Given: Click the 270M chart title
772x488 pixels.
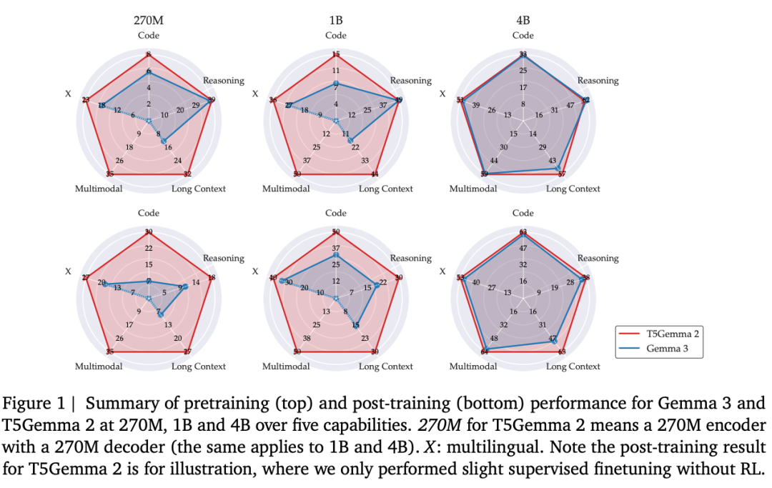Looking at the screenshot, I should click(149, 21).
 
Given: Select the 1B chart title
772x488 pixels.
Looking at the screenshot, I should click(336, 21).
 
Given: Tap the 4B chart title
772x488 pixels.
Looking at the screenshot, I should click(523, 21).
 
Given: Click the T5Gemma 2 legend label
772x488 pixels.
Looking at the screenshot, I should click(673, 334).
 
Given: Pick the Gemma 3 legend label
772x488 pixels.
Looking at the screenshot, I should click(668, 349).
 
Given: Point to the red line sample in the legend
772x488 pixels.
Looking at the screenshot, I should click(631, 334).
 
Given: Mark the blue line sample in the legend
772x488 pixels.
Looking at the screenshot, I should click(631, 349).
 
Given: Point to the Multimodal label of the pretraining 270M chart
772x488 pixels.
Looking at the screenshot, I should click(99, 189).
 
